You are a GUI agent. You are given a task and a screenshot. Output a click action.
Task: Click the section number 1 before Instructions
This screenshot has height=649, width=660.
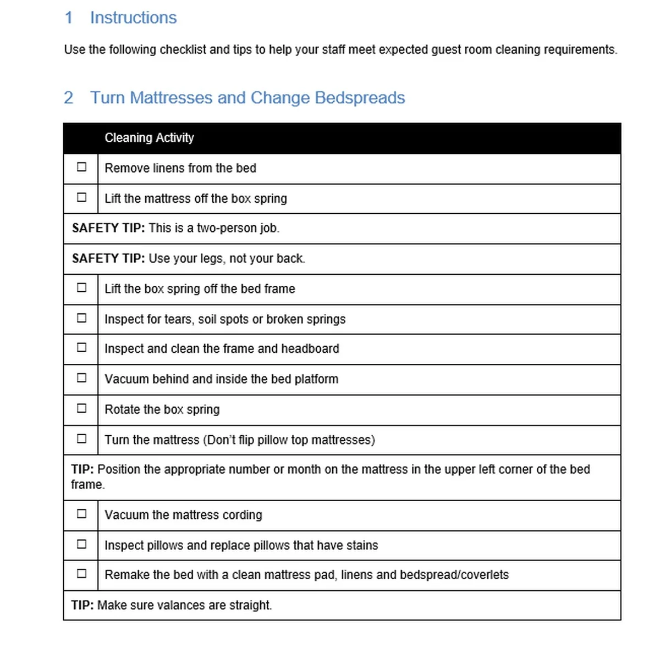pyautogui.click(x=69, y=18)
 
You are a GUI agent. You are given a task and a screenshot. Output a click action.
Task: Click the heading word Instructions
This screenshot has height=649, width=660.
pyautogui.click(x=133, y=18)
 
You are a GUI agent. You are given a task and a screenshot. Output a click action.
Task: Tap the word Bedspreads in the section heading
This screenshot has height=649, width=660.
pyautogui.click(x=360, y=98)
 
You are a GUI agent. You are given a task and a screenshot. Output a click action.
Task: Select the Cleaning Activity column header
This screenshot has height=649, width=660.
pyautogui.click(x=149, y=138)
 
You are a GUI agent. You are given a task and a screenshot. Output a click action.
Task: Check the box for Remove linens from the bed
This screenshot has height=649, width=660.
pyautogui.click(x=81, y=167)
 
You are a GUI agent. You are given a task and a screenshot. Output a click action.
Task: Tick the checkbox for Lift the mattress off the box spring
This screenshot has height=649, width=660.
pyautogui.click(x=81, y=197)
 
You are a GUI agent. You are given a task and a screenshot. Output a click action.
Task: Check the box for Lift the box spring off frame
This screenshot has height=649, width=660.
pyautogui.click(x=81, y=287)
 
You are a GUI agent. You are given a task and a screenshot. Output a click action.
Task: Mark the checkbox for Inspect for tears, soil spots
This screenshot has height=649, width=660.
pyautogui.click(x=81, y=318)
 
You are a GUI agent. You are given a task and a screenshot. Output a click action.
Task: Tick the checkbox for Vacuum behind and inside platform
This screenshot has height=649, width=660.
pyautogui.click(x=81, y=378)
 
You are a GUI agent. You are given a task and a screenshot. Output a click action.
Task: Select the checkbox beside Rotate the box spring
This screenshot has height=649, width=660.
pyautogui.click(x=81, y=408)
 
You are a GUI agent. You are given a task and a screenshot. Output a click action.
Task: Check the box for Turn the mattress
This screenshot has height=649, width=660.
pyautogui.click(x=81, y=439)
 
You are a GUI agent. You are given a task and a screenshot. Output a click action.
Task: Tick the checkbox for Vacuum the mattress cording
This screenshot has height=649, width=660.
pyautogui.click(x=81, y=514)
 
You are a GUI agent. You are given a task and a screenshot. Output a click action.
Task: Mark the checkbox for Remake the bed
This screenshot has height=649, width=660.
pyautogui.click(x=81, y=573)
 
